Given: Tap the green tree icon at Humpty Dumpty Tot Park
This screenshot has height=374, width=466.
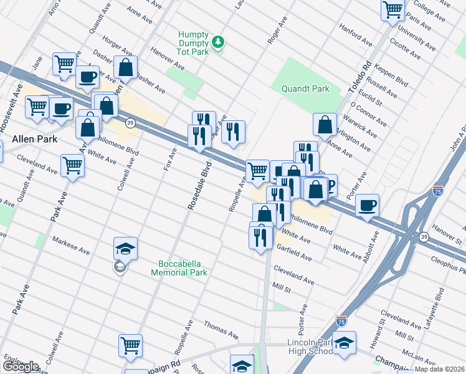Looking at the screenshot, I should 218,42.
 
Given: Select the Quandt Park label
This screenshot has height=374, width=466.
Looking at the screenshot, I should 303,89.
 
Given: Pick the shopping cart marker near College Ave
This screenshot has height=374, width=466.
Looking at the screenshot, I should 392,9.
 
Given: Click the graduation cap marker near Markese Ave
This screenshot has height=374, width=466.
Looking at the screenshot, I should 125,248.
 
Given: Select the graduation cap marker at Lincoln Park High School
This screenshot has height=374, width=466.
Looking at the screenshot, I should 343,342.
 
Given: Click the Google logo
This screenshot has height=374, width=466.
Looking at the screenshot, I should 21,367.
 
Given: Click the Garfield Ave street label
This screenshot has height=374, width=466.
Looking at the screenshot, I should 293,252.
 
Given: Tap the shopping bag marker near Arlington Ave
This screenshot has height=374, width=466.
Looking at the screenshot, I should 325,124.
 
